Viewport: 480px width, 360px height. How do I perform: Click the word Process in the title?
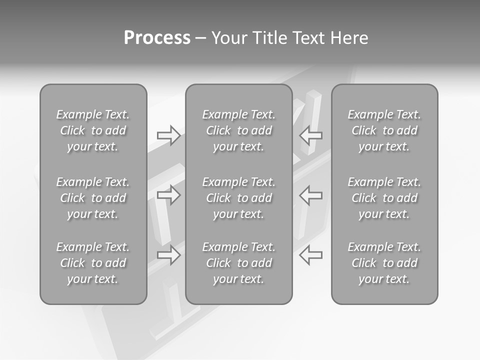(x=157, y=38)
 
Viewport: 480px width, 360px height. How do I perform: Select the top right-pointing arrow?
(x=168, y=135)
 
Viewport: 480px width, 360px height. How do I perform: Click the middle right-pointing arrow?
(x=168, y=195)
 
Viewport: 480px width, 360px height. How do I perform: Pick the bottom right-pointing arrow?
(x=168, y=255)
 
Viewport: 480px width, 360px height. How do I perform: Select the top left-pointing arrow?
(x=311, y=135)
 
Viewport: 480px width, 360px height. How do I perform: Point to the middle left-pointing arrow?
(x=311, y=195)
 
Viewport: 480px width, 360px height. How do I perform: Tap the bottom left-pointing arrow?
(x=311, y=255)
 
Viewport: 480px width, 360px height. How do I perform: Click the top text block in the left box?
(x=93, y=130)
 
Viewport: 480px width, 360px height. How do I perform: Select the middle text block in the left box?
(x=93, y=198)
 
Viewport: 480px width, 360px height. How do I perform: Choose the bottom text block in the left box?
(x=93, y=263)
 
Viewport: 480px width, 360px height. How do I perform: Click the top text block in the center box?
(x=238, y=130)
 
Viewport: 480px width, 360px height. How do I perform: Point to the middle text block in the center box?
(x=238, y=198)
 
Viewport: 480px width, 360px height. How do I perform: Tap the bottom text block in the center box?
(x=238, y=263)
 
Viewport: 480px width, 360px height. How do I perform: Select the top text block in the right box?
(x=384, y=130)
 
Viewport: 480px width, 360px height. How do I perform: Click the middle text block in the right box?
(x=384, y=198)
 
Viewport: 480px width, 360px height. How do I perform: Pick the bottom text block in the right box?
(x=384, y=263)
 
